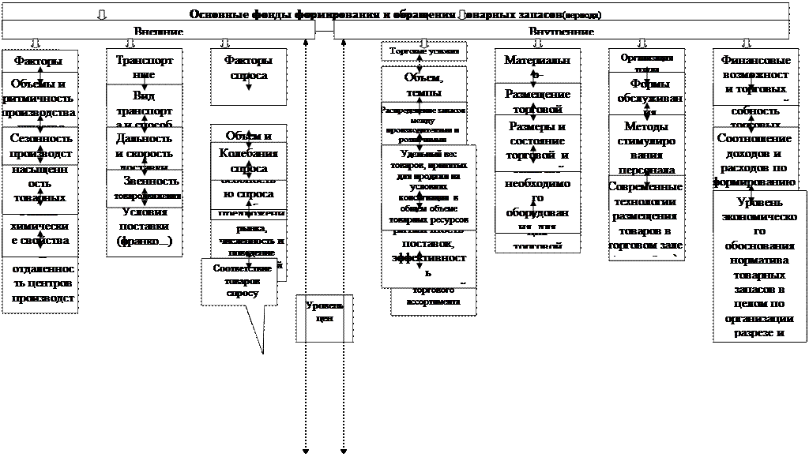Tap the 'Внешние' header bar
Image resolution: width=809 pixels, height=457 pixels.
158,31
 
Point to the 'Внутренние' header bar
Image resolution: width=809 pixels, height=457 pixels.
561,31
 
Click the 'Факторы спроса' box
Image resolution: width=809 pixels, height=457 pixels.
249,77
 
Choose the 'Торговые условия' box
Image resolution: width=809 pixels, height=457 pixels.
424,51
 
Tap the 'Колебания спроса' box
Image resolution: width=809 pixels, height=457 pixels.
248,160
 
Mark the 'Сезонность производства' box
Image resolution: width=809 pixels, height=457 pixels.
40,145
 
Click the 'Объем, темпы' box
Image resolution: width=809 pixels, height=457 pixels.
424,84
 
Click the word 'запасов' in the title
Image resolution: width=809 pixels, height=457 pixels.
536,15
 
